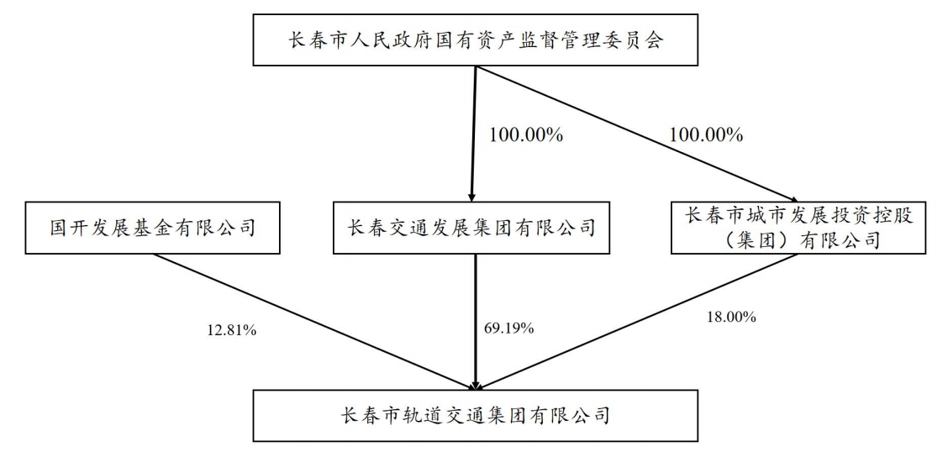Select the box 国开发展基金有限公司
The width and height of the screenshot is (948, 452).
[152, 229]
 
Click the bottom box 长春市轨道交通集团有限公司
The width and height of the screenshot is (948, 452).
[475, 415]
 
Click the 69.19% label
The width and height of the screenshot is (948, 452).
[508, 328]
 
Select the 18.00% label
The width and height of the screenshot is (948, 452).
[731, 316]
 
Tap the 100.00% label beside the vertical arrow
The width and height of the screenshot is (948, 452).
[525, 134]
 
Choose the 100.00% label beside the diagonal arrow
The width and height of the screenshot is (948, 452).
[705, 134]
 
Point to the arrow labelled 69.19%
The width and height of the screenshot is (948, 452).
[476, 322]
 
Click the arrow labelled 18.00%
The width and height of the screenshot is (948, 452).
[637, 322]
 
